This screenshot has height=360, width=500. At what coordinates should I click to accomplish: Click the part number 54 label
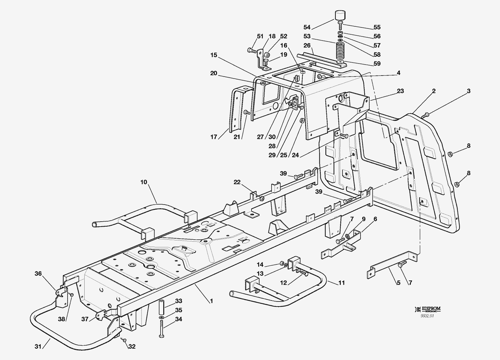click(x=307, y=27)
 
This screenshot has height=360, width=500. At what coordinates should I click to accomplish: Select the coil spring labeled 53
click(x=340, y=52)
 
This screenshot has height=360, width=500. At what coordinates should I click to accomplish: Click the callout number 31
click(x=38, y=347)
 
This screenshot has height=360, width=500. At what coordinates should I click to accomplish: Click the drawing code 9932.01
click(x=427, y=316)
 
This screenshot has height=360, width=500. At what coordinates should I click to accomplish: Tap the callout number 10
click(x=143, y=182)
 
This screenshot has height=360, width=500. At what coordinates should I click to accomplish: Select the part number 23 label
click(x=400, y=91)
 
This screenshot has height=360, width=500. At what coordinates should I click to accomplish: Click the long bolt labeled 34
click(x=162, y=329)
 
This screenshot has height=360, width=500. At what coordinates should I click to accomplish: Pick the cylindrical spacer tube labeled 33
click(x=162, y=307)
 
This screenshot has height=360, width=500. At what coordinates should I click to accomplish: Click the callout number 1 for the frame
click(x=211, y=301)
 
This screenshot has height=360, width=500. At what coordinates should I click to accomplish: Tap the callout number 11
click(x=341, y=283)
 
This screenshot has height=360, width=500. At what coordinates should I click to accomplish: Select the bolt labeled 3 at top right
click(x=425, y=115)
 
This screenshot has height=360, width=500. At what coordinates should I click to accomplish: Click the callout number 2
click(x=434, y=91)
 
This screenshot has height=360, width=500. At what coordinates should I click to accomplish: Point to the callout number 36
click(x=38, y=273)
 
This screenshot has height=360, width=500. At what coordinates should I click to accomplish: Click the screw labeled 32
click(x=124, y=340)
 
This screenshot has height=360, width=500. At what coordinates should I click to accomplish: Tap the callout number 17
click(x=214, y=137)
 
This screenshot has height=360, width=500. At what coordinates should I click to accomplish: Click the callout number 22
click(x=237, y=182)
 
